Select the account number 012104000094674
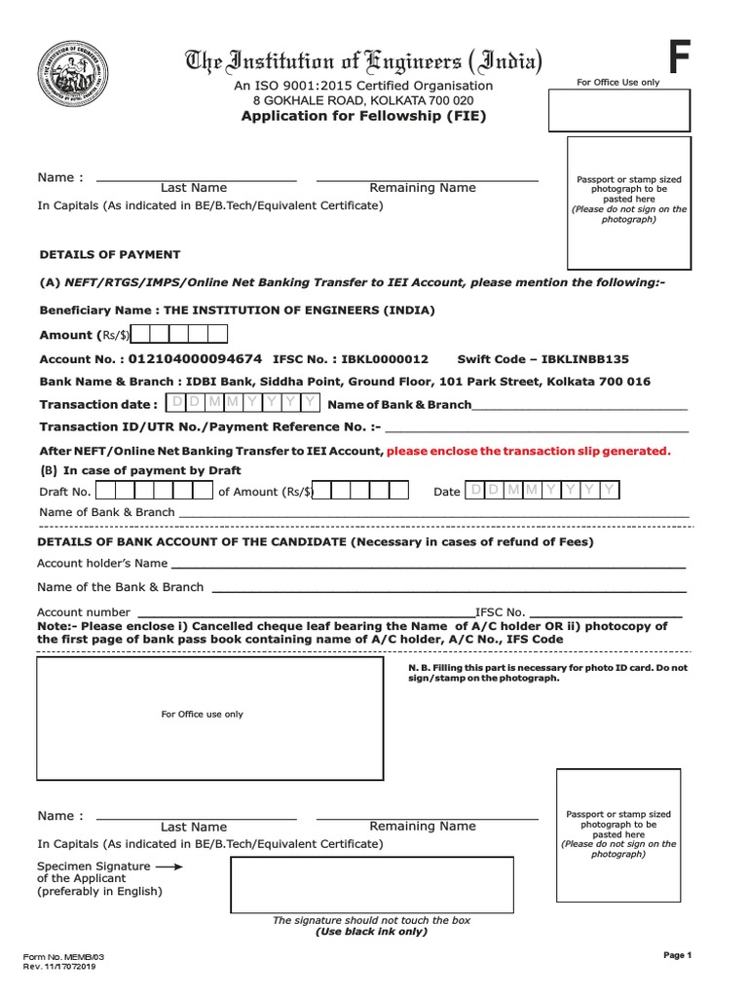pos(194,358)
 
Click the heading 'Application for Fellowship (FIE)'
pos(363,116)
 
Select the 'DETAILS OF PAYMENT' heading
pos(109,254)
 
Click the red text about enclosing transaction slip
pos(529,451)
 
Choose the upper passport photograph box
pos(629,203)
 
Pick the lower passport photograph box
pos(617,834)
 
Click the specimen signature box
pos(371,884)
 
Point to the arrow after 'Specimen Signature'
pos(168,866)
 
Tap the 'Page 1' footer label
pos(677,956)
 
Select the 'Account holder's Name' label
pos(102,564)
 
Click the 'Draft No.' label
pos(64,492)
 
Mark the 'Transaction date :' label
pos(97,404)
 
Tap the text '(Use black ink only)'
pos(371,932)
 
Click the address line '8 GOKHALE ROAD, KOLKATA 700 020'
pos(363,100)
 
